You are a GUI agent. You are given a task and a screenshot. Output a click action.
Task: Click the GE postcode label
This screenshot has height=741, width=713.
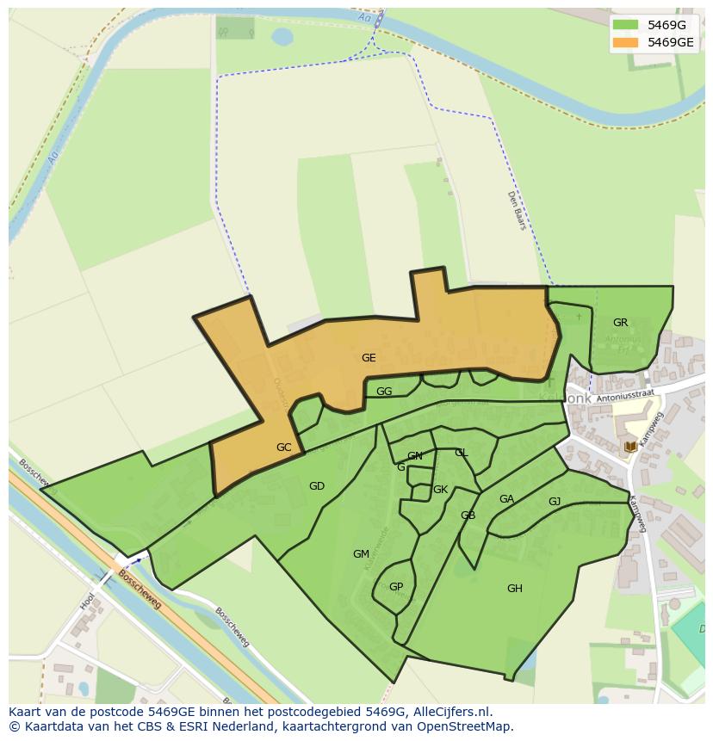point(369,358)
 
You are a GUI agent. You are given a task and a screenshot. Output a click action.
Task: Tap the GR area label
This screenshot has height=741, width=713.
point(620,323)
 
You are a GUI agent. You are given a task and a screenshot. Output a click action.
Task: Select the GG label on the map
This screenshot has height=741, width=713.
point(384,392)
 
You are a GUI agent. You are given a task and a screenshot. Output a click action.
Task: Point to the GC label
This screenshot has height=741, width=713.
point(284,448)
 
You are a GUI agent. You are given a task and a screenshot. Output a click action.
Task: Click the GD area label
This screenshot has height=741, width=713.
point(317,486)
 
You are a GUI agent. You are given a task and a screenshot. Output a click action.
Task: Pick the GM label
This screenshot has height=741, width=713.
point(361,554)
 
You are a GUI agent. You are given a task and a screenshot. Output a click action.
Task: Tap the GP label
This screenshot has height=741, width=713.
point(396,588)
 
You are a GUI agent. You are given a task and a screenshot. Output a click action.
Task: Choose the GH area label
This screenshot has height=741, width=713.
point(514,589)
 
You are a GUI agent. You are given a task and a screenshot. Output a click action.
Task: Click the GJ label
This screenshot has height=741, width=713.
point(555,502)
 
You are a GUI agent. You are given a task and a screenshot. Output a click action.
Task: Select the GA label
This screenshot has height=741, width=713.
point(506,499)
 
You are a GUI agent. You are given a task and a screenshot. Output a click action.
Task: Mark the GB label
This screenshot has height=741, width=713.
point(468,516)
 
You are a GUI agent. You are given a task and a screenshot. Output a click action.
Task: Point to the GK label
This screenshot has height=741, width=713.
point(440,490)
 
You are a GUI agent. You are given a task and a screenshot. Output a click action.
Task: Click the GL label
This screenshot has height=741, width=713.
point(462,453)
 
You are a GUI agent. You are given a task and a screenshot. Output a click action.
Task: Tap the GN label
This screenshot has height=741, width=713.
point(415,456)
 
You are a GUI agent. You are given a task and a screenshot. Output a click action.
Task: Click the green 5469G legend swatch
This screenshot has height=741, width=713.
point(625,25)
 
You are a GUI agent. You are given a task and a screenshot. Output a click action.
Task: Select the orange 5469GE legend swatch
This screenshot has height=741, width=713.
point(625,42)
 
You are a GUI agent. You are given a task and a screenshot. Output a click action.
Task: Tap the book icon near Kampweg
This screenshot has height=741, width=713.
point(631,447)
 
